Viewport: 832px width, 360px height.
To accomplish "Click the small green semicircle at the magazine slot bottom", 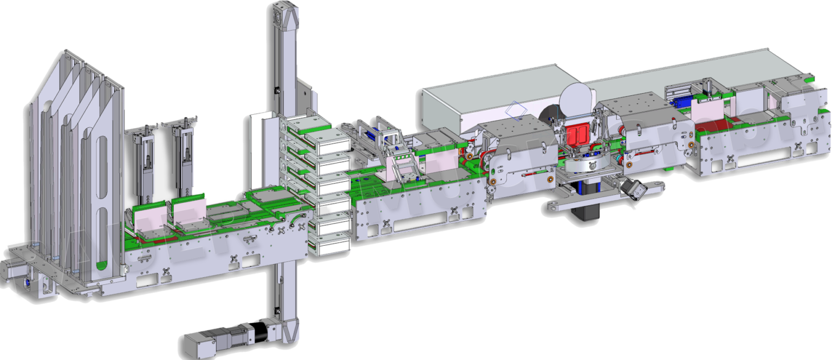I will click(x=101, y=265).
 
